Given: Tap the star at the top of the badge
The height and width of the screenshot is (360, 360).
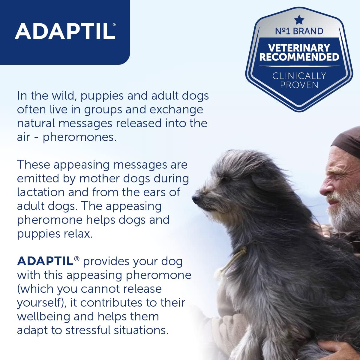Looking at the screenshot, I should pyautogui.click(x=299, y=20).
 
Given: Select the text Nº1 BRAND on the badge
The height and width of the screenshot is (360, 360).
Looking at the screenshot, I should pyautogui.click(x=299, y=31).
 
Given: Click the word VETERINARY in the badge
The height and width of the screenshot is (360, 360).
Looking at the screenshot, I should pyautogui.click(x=299, y=48).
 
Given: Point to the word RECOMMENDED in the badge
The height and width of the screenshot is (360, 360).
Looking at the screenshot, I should pyautogui.click(x=299, y=57).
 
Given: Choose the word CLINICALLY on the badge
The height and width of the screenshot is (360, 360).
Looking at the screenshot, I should pyautogui.click(x=299, y=76).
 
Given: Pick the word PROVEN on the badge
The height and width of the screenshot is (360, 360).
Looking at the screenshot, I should pyautogui.click(x=299, y=85).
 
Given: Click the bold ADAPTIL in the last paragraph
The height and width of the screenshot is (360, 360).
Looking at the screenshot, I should pyautogui.click(x=45, y=261).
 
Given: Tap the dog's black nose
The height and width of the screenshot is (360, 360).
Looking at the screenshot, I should pyautogui.click(x=195, y=198).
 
